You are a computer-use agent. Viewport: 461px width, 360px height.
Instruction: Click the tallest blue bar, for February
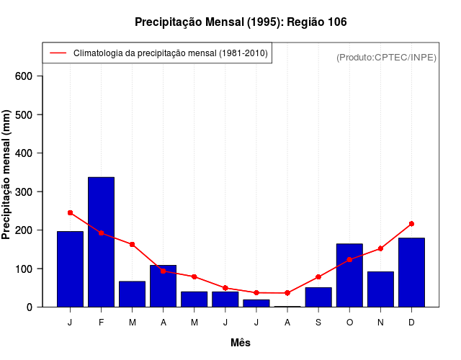101,242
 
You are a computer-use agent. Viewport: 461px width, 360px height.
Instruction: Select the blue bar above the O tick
349,275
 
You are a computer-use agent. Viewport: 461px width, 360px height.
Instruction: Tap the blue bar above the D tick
411,272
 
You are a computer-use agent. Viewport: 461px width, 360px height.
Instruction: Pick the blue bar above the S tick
318,297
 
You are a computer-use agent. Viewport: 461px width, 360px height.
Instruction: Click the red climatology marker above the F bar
101,233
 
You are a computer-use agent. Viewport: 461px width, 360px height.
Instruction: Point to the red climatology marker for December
411,224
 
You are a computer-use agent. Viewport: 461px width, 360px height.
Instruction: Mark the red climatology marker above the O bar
349,259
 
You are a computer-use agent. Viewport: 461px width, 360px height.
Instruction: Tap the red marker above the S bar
318,277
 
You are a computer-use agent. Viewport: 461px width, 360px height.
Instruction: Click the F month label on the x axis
101,323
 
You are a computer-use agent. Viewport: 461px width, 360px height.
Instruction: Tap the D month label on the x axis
411,323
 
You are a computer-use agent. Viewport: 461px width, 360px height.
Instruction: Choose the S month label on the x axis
318,323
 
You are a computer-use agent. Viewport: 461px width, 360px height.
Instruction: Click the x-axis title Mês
241,343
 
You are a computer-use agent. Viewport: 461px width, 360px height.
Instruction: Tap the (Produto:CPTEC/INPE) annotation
386,57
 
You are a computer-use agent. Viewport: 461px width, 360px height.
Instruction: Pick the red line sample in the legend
58,53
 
